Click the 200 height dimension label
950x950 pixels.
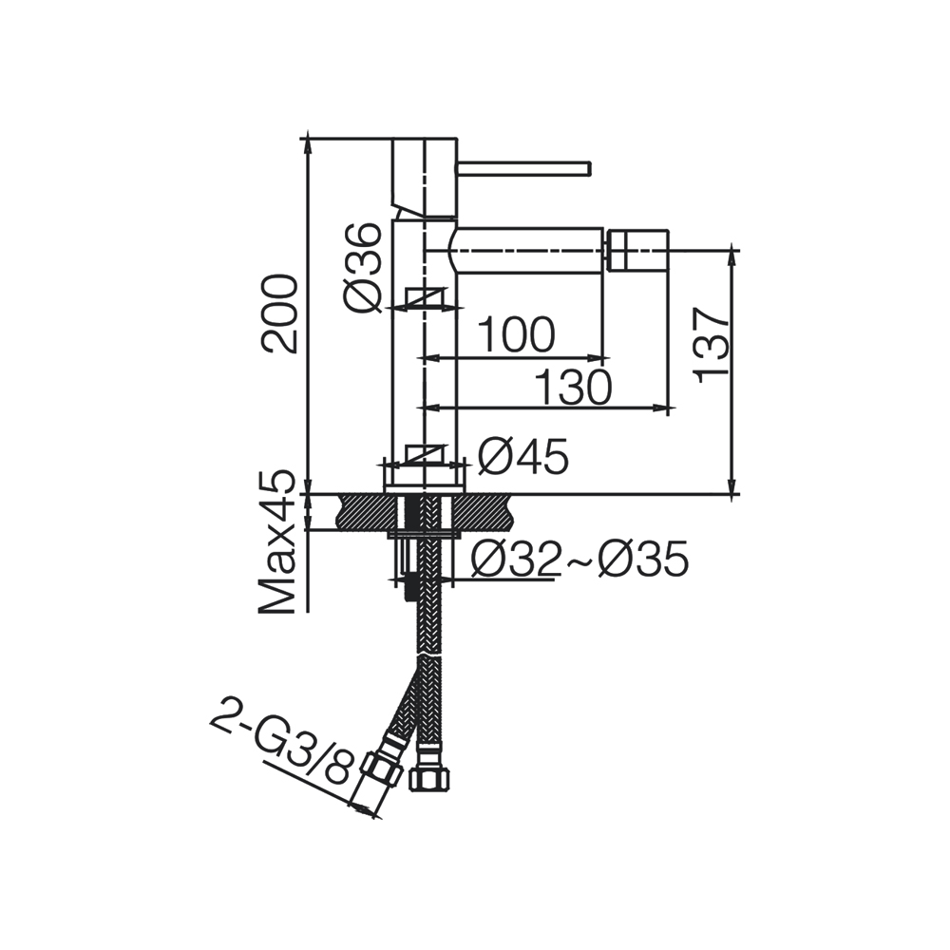pos(280,313)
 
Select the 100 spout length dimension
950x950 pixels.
pos(516,334)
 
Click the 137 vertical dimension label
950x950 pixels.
pos(712,345)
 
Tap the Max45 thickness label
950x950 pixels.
pos(276,543)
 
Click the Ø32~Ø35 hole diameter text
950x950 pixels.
pos(579,559)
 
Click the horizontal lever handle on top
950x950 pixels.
pos(523,169)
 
